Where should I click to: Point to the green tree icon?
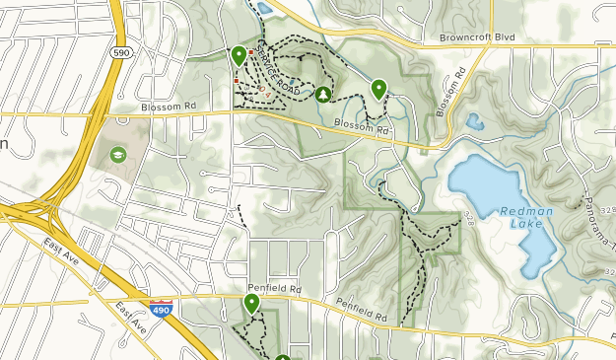[x=322, y=94]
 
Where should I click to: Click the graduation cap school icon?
[x=118, y=155]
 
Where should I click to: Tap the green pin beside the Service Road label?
[x=239, y=56]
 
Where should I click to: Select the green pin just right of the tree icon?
[x=378, y=90]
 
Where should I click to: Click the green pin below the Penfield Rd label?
[x=252, y=304]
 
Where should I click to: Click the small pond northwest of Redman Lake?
[x=475, y=122]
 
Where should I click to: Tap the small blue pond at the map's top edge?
[x=264, y=8]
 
